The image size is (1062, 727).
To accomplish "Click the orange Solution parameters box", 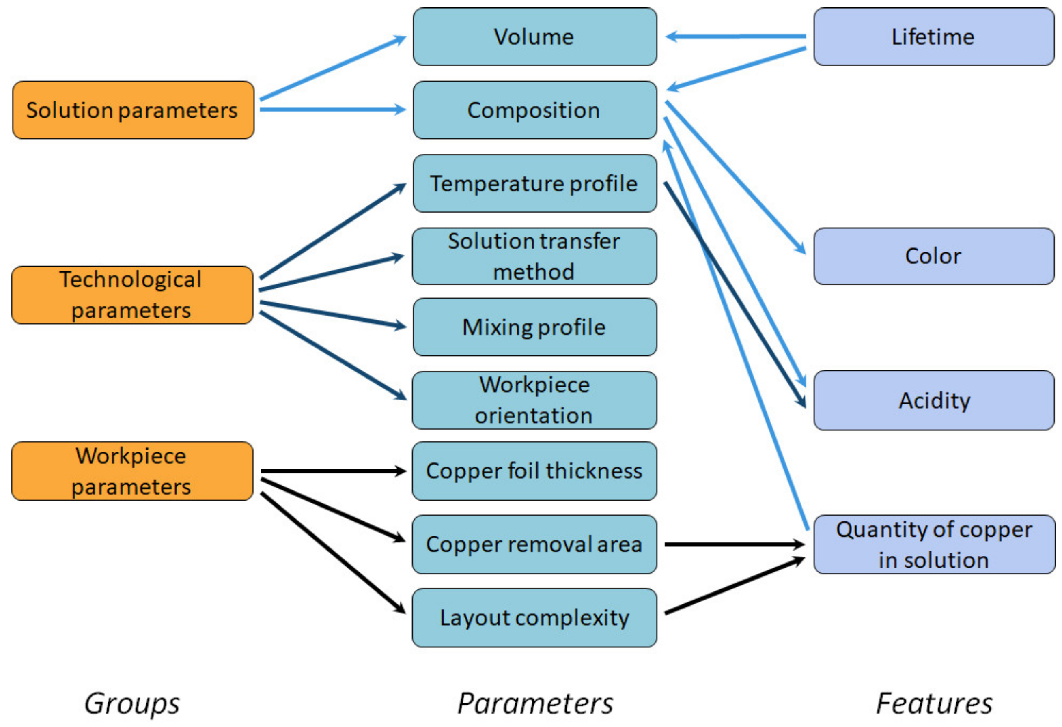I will point(133,110).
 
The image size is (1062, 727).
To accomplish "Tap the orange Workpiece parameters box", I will point(132,471).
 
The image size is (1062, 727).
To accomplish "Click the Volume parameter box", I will point(535,37).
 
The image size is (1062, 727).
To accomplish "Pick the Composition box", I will point(535,110).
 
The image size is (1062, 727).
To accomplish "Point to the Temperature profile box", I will point(535,183).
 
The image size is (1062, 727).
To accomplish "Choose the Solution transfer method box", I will point(535,256).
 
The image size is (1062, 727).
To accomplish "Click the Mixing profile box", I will point(535,327).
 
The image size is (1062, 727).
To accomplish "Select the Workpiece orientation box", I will point(535,400).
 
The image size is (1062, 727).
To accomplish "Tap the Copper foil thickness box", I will point(535,471).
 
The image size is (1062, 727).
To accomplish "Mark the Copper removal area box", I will point(535,544).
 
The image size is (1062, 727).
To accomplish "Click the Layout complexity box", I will point(535,618).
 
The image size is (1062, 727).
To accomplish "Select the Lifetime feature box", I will point(934,37).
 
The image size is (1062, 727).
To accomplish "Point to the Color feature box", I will point(934,256).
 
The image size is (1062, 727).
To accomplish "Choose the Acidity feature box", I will point(934,400).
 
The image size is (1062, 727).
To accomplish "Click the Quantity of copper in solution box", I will point(934,544).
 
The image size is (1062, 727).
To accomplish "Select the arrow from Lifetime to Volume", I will point(736,36).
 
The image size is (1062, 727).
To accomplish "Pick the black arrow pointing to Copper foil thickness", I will point(334,471).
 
